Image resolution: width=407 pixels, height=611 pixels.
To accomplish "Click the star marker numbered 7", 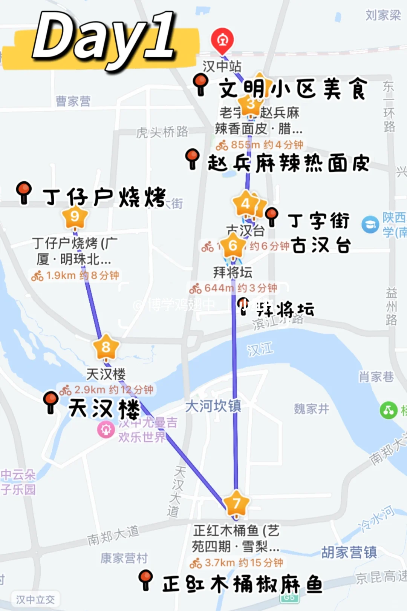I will pyautogui.click(x=236, y=503).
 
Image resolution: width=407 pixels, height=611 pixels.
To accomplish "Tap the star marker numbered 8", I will pyautogui.click(x=106, y=347).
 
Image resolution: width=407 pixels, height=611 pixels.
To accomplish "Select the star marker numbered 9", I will pyautogui.click(x=75, y=216).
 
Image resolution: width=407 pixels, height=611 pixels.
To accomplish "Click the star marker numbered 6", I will pyautogui.click(x=233, y=246).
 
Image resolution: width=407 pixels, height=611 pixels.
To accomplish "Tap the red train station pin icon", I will pyautogui.click(x=222, y=40).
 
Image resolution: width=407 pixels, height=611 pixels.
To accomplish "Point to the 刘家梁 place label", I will pyautogui.click(x=383, y=15).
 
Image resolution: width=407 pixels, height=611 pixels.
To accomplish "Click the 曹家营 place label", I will pyautogui.click(x=73, y=101).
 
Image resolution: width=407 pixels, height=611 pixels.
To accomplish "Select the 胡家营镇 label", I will pyautogui.click(x=349, y=553).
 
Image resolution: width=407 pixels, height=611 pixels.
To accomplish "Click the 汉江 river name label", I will pyautogui.click(x=260, y=350).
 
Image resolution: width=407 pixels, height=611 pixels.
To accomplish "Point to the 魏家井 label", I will pyautogui.click(x=311, y=409).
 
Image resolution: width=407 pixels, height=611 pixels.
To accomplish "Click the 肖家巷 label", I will pyautogui.click(x=376, y=376).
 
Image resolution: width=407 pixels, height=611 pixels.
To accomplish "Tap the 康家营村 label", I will pyautogui.click(x=124, y=558).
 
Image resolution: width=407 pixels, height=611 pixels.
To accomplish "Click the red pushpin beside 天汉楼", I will pyautogui.click(x=50, y=401).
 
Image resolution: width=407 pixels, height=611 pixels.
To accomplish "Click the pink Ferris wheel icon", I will pyautogui.click(x=106, y=429).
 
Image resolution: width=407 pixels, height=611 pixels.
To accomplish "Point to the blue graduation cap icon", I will pyautogui.click(x=370, y=224).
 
